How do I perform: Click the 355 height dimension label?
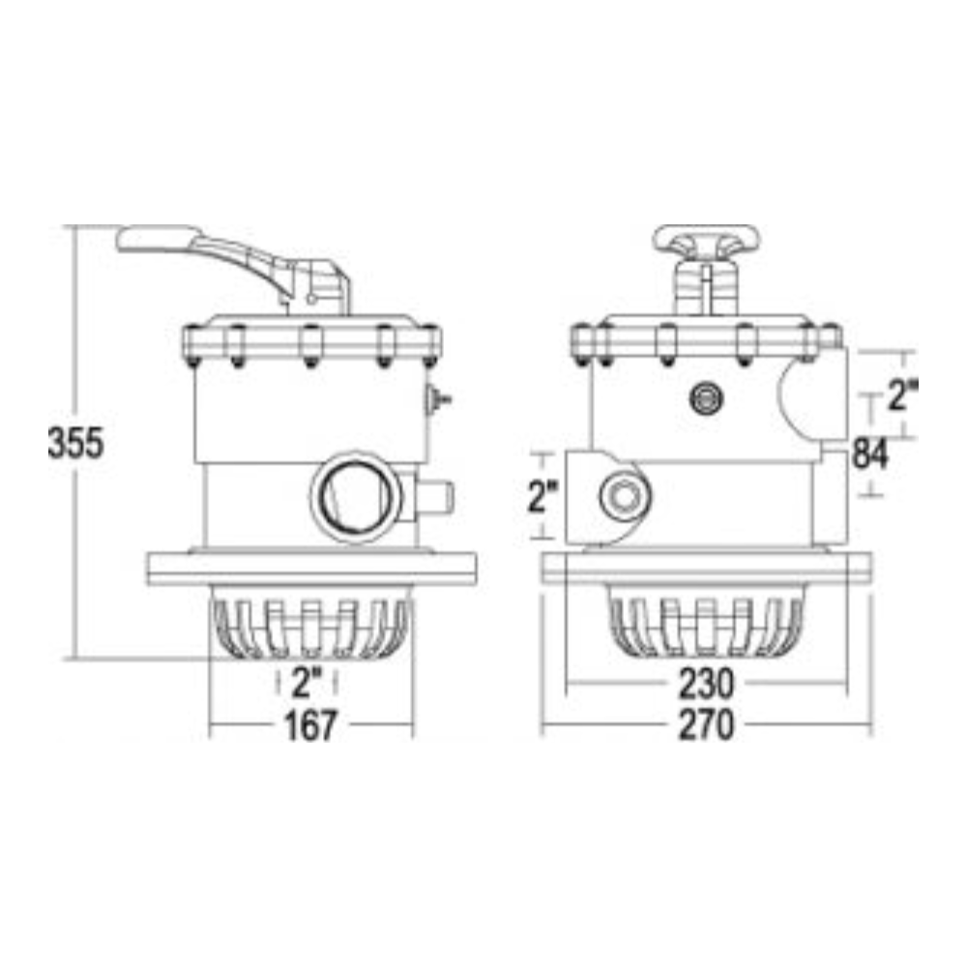tap(75, 443)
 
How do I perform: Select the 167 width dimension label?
tap(310, 725)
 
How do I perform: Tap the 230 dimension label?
tap(707, 684)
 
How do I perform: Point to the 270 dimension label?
tap(707, 724)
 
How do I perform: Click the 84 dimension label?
tap(870, 454)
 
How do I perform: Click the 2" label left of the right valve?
tap(542, 496)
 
